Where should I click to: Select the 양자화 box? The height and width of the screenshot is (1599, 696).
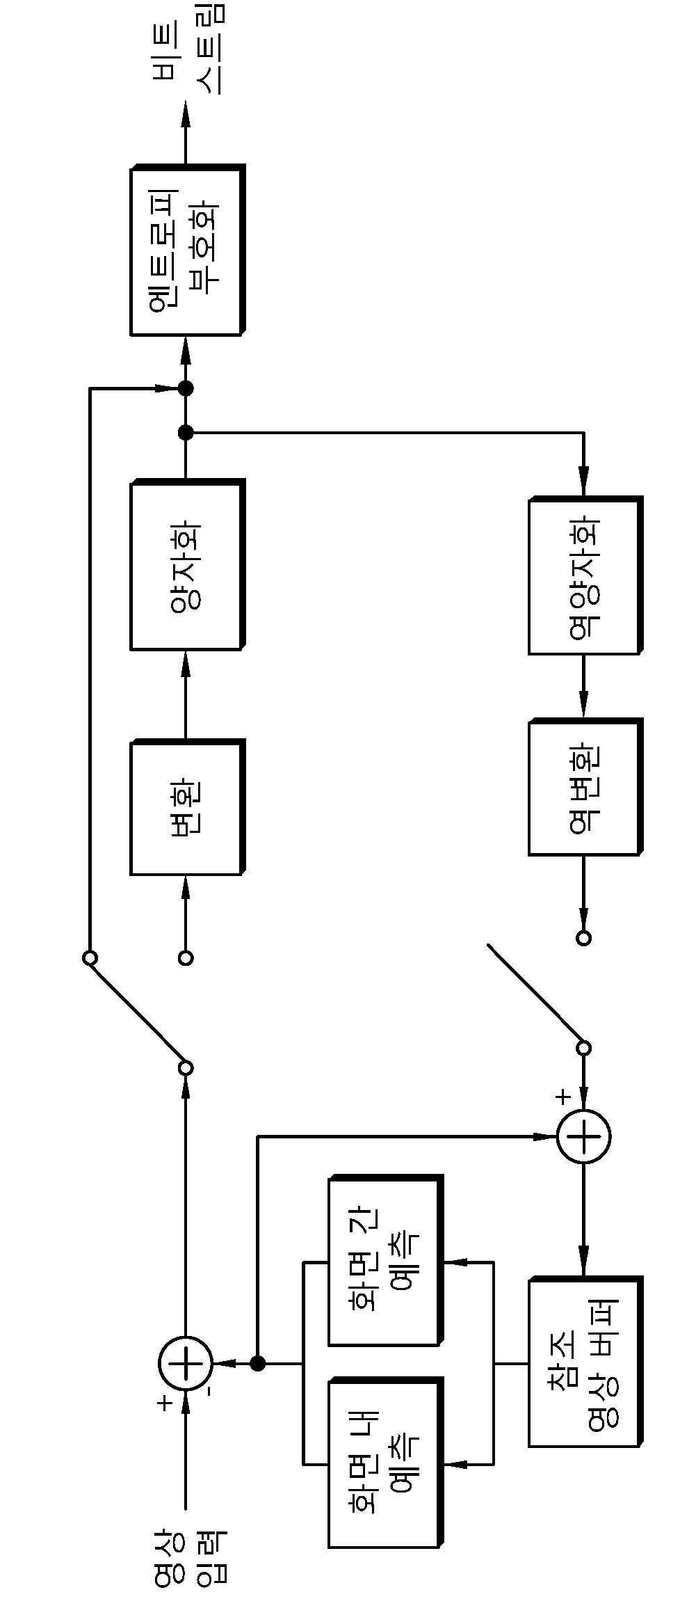pyautogui.click(x=187, y=565)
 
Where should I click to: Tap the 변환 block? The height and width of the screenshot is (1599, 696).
pyautogui.click(x=187, y=807)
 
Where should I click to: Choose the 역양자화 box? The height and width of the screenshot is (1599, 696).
pyautogui.click(x=585, y=575)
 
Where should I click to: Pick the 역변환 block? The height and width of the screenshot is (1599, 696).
pyautogui.click(x=585, y=787)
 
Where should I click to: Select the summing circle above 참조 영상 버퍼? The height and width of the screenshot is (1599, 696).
pyautogui.click(x=584, y=1136)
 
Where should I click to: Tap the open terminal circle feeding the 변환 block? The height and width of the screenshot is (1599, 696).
pyautogui.click(x=186, y=958)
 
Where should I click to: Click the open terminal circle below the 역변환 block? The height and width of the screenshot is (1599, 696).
pyautogui.click(x=584, y=938)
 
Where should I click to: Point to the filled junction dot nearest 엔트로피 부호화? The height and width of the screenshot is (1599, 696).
pyautogui.click(x=186, y=388)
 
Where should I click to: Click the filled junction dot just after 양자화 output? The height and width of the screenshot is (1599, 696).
pyautogui.click(x=186, y=433)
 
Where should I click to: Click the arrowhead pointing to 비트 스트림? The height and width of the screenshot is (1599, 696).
pyautogui.click(x=186, y=113)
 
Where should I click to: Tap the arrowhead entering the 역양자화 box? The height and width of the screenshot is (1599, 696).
pyautogui.click(x=584, y=484)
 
